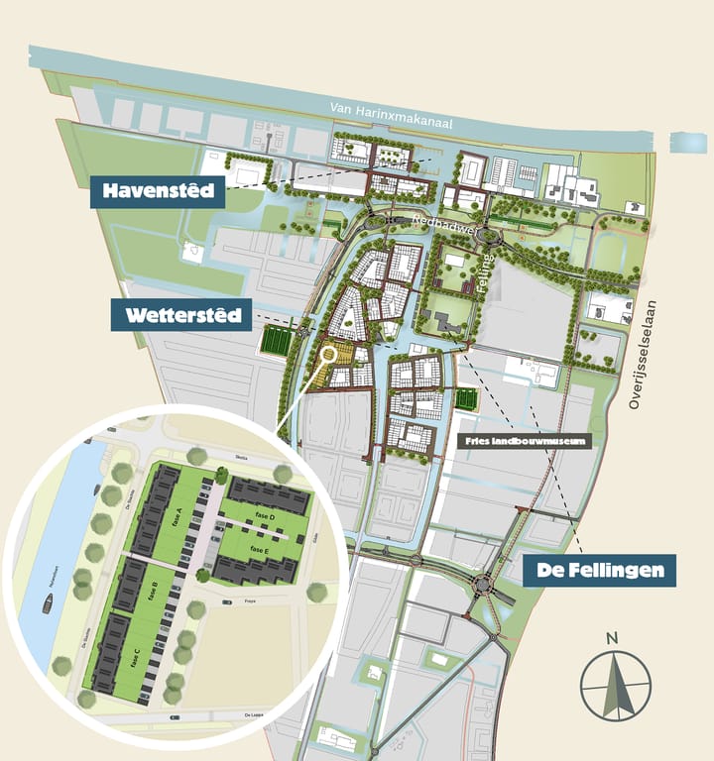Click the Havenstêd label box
[157, 191]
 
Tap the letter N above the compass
[613, 637]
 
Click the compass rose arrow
[616, 685]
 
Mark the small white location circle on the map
[329, 351]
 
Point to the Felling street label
[488, 267]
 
